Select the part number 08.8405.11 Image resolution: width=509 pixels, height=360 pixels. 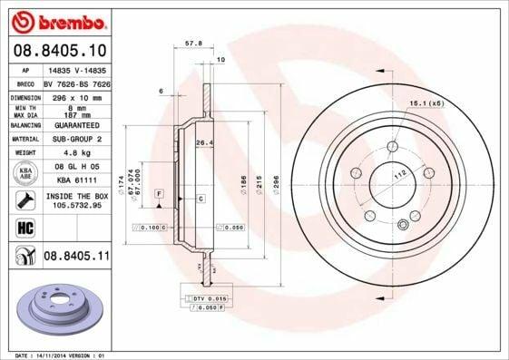click(76, 258)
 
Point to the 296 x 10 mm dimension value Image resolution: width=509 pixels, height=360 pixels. click(73, 96)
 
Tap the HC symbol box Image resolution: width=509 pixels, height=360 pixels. click(25, 227)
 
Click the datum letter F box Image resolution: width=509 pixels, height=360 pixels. click(160, 194)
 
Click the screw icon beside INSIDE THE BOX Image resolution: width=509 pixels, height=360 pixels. click(25, 199)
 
